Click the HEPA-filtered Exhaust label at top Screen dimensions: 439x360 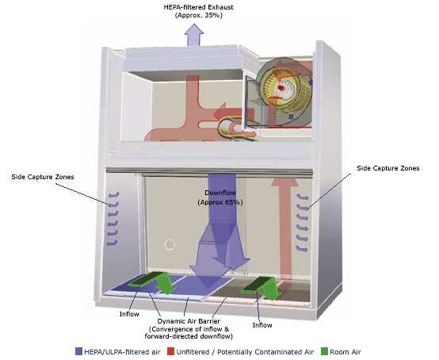click(x=198, y=7)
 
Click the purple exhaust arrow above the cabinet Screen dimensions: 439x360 click(x=193, y=35)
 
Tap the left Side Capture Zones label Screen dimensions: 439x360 click(x=43, y=177)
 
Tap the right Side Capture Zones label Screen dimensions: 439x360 click(x=388, y=168)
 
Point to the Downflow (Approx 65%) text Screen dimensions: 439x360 click(x=220, y=197)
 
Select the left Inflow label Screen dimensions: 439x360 click(x=129, y=314)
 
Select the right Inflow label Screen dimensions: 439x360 click(x=262, y=325)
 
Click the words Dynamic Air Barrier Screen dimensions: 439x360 click(x=189, y=321)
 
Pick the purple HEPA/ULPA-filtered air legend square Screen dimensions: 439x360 click(x=79, y=351)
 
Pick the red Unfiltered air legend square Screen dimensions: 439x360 click(x=170, y=351)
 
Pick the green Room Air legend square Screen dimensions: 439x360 click(x=324, y=351)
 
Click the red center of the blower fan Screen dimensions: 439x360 click(x=281, y=88)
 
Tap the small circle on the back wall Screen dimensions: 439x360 click(x=170, y=244)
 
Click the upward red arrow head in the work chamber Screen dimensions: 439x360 click(x=284, y=182)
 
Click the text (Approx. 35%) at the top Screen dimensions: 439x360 click(x=199, y=15)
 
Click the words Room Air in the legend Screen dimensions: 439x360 click(x=345, y=351)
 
